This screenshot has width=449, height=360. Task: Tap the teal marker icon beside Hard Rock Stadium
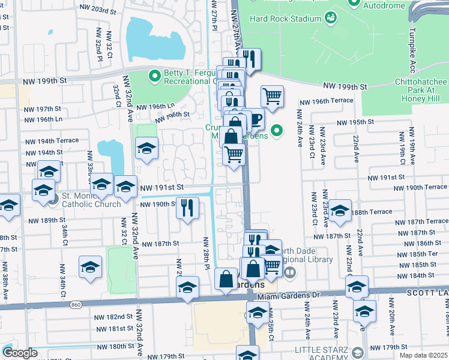[x=331, y=18]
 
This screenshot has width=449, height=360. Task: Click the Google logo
[x=20, y=353]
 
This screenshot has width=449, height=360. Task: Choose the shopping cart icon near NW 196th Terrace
[x=272, y=96]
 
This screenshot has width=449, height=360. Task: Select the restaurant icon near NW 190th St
[x=187, y=208]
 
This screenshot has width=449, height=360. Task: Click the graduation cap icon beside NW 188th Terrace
[x=340, y=211]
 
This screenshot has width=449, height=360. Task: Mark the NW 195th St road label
[x=355, y=122]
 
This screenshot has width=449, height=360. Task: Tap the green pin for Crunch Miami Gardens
[x=277, y=130]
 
